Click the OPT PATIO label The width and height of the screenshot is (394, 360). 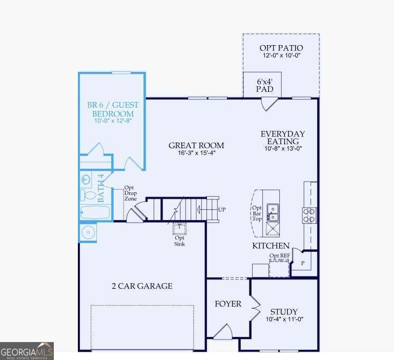(281, 48)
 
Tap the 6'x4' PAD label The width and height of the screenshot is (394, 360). (264, 85)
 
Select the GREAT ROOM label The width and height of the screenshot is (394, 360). (196, 146)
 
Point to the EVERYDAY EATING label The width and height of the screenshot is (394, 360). (282, 137)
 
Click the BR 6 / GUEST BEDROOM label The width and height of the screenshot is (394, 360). (113, 109)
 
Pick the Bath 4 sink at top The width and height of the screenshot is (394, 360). (86, 179)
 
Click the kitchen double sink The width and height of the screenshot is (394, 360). (273, 209)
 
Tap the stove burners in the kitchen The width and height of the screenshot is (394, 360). (310, 214)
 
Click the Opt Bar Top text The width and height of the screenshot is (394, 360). (257, 213)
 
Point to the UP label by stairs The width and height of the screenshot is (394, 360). (222, 210)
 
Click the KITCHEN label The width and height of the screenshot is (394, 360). (271, 246)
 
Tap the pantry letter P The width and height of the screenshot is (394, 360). (303, 262)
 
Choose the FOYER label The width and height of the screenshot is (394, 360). (227, 304)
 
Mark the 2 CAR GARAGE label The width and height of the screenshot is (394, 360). (142, 286)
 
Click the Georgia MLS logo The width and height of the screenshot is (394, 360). (27, 351)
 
